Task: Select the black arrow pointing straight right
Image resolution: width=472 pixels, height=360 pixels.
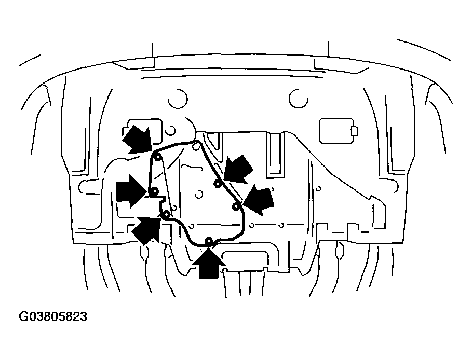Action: coord(131,192)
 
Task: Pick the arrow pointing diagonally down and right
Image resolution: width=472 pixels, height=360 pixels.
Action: coord(137,140)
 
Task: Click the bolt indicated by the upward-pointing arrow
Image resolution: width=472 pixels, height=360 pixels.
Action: coord(208,240)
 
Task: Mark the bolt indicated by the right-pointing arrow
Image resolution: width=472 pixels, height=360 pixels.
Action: coord(154,191)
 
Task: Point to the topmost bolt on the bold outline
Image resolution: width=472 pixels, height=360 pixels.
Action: coord(157,157)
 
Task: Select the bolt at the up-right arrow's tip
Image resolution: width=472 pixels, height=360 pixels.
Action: coord(166,215)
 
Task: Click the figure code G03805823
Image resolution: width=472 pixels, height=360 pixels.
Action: coord(53,316)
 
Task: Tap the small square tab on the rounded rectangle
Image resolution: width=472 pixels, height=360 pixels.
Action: coord(354,131)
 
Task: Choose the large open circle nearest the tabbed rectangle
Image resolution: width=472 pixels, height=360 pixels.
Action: coord(299,99)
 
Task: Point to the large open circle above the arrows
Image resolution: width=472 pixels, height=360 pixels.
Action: coord(178,99)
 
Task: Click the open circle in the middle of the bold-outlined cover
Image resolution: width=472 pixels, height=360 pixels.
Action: coord(198,194)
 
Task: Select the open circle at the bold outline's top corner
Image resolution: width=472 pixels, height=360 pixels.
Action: coord(196,147)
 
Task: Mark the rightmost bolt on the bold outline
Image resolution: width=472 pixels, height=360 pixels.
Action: coord(235,206)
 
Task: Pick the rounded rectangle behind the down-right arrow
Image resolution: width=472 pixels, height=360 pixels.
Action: coord(141,132)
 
